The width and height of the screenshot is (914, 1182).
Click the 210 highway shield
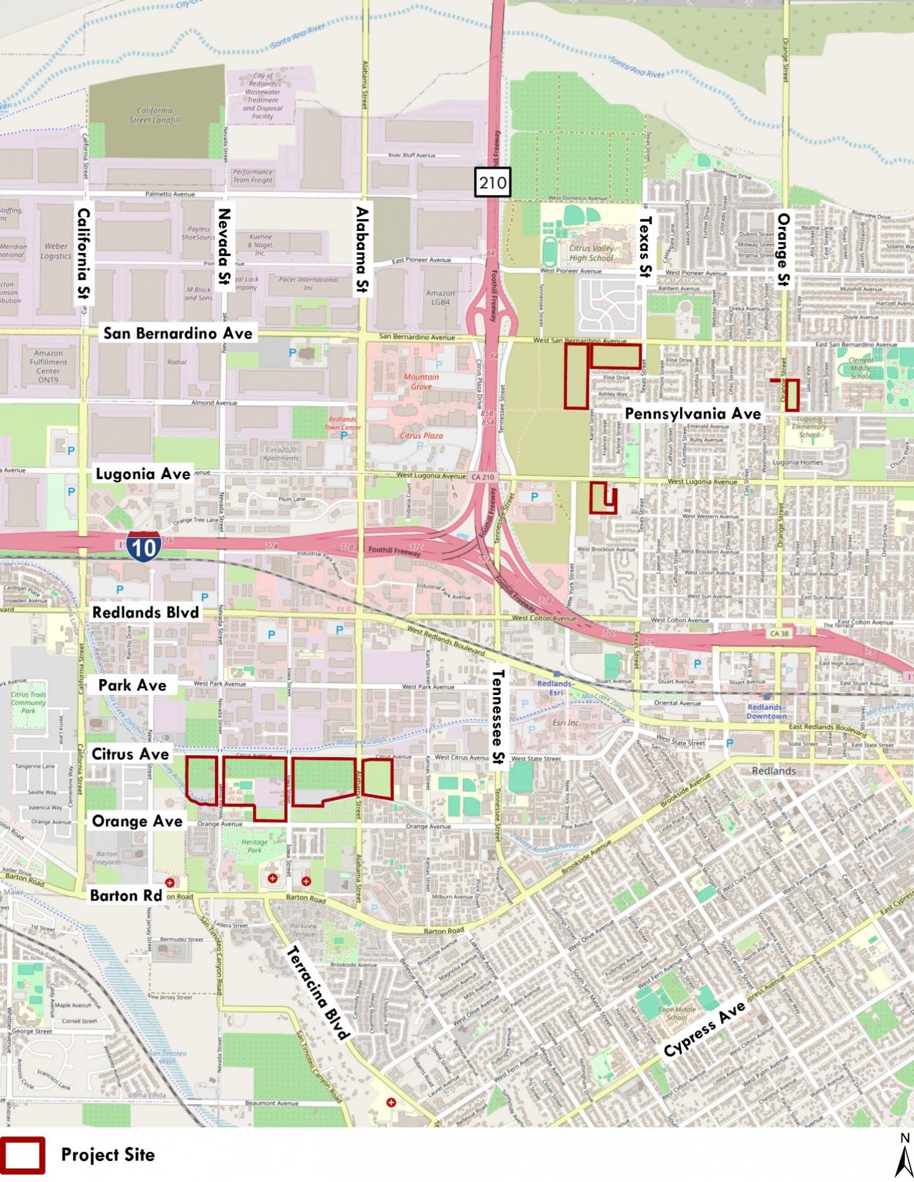[493, 182]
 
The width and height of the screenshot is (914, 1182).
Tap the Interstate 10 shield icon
[144, 546]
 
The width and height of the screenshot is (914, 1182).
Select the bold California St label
[84, 255]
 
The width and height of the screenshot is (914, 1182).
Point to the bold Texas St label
[645, 246]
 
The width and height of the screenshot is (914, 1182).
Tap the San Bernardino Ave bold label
[178, 334]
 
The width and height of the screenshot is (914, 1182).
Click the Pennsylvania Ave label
[693, 414]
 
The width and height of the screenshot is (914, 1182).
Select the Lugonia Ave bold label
[143, 474]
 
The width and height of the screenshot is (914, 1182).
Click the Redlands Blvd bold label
[145, 613]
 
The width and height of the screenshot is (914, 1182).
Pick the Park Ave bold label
[132, 685]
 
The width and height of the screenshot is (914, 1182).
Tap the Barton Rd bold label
[126, 895]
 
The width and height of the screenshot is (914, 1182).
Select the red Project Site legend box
[23, 1155]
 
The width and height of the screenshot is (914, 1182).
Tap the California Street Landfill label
[155, 115]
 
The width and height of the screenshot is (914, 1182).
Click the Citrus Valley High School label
[591, 253]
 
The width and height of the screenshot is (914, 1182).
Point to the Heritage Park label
[254, 846]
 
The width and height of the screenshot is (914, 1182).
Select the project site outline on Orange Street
[792, 395]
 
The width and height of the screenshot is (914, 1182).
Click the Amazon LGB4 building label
[441, 298]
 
